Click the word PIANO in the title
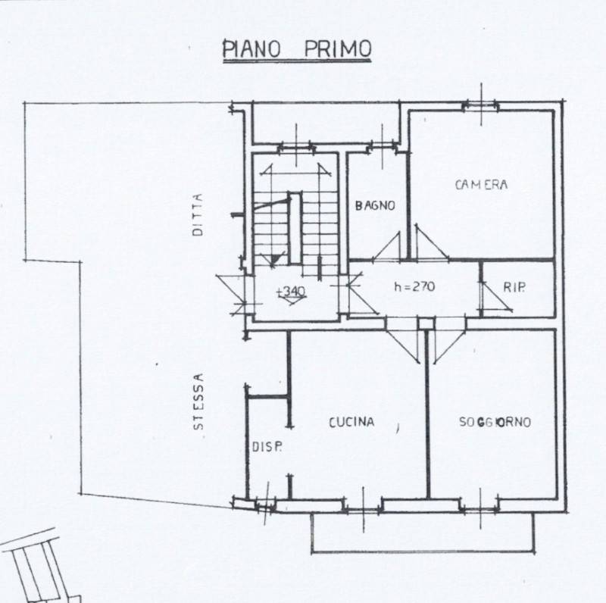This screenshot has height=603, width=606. (251, 48)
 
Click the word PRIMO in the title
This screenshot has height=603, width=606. (337, 48)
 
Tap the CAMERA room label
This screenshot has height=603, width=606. (481, 185)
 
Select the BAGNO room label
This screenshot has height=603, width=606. (375, 205)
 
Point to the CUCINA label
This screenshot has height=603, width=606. (351, 422)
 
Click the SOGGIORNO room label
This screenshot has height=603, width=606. (495, 422)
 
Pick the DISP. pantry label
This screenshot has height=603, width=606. (267, 447)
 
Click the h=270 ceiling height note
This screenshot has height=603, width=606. (414, 286)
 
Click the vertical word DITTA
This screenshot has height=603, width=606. (198, 214)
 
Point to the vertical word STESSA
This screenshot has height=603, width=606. (198, 401)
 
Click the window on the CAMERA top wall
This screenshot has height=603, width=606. (481, 105)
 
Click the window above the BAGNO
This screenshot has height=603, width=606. (383, 146)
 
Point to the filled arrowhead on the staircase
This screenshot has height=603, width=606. (273, 260)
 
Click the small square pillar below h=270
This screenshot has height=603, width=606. (426, 324)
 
